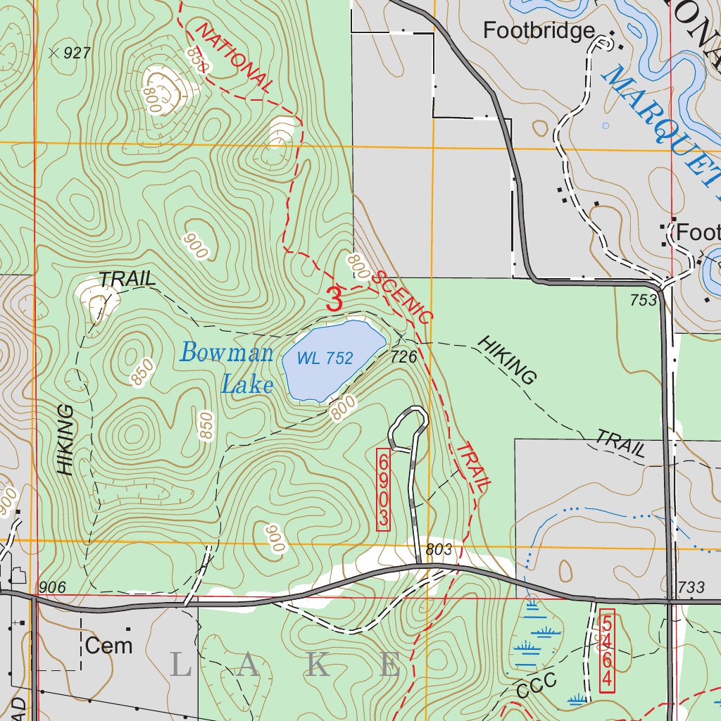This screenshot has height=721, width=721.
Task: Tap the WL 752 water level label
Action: (x=325, y=358)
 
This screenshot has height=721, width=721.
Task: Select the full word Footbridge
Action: (x=539, y=31)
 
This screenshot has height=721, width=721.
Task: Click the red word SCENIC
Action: (x=401, y=296)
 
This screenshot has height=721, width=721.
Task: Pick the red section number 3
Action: (x=334, y=299)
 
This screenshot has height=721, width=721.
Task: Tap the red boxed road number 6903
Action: (x=383, y=489)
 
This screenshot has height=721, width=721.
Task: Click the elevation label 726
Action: (x=405, y=358)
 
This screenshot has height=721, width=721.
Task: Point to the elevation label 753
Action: (x=644, y=300)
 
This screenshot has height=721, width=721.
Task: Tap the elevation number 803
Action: (x=437, y=549)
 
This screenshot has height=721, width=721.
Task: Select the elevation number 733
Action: (x=691, y=587)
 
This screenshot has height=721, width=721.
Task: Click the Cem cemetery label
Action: (x=108, y=645)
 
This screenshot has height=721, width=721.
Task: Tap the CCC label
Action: (x=536, y=685)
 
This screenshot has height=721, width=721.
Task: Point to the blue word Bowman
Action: (x=226, y=352)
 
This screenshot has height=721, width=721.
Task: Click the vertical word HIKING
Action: (x=65, y=439)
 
